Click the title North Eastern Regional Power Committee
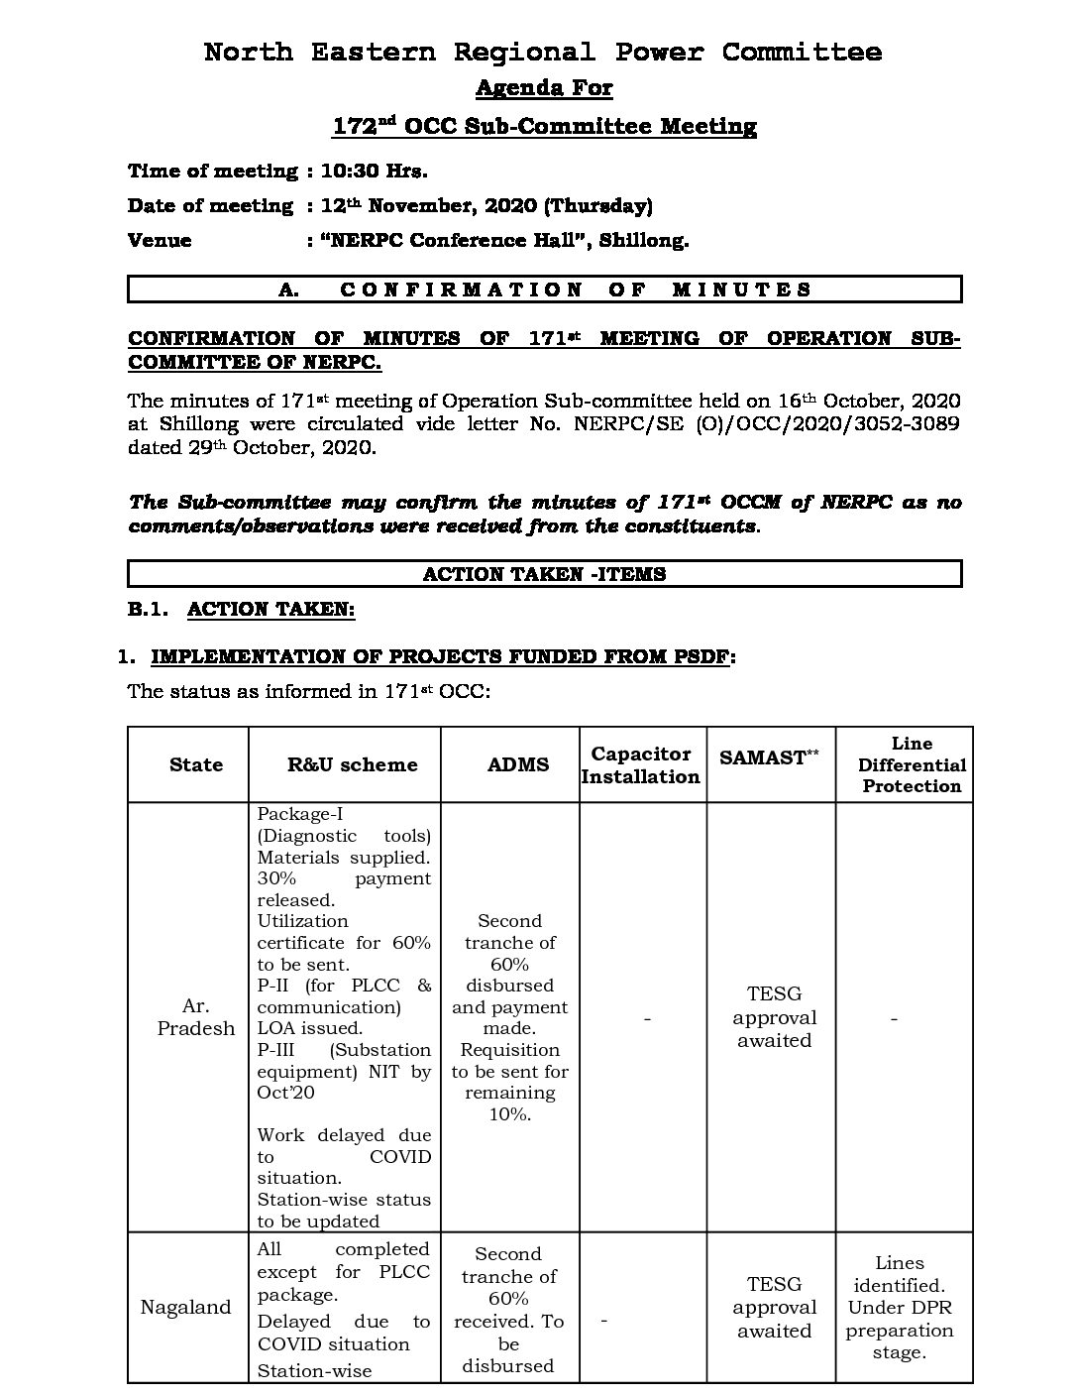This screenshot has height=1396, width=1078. tap(542, 52)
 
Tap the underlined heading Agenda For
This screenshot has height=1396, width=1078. tap(544, 88)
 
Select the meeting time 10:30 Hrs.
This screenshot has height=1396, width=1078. tap(374, 171)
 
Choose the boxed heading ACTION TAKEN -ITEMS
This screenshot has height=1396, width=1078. tap(544, 574)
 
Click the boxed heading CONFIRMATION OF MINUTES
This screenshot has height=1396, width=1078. tap(544, 290)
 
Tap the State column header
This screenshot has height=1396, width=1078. tap(196, 764)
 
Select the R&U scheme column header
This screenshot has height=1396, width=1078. tap(352, 764)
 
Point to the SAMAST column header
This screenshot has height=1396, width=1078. tap(770, 757)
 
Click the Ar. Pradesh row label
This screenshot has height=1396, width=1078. tap(196, 1017)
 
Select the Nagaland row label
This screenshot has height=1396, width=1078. tap(185, 1307)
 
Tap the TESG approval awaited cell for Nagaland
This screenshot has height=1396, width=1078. tap(774, 1307)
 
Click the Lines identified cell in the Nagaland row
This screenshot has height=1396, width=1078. tap(900, 1307)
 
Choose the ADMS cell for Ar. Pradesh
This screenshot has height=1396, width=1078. tap(510, 1017)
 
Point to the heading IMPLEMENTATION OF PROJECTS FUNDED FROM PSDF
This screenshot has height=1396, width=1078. tap(443, 656)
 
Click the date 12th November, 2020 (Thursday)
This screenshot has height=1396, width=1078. tap(486, 205)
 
